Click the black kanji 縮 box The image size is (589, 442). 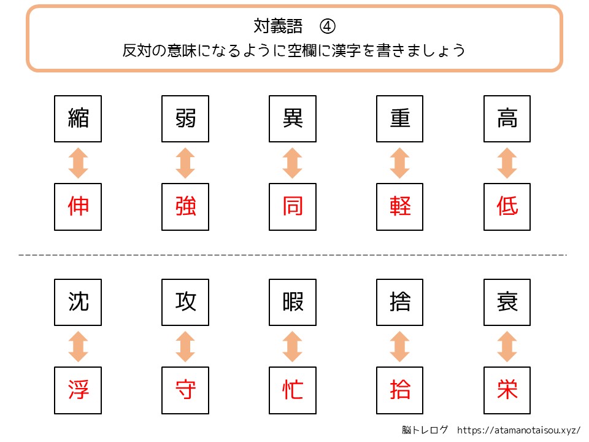[78, 118]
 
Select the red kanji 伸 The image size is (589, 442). [78, 207]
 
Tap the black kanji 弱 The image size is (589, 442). [185, 118]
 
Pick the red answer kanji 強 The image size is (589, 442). [185, 207]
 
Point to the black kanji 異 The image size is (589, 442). [293, 118]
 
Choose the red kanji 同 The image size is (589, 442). [293, 207]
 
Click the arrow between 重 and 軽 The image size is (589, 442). [400, 163]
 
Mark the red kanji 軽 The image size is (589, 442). [400, 207]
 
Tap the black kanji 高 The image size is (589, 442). [507, 118]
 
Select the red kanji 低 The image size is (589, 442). [507, 207]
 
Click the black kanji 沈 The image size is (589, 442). [78, 302]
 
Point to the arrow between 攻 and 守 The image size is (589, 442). [185, 347]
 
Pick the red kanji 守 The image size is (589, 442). [185, 390]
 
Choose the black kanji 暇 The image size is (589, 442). [293, 302]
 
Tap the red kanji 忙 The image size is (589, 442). [293, 390]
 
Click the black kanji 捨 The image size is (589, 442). [400, 302]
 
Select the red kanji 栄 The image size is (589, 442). [507, 390]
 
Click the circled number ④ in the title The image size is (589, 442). [328, 26]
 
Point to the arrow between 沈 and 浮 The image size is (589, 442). [78, 347]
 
